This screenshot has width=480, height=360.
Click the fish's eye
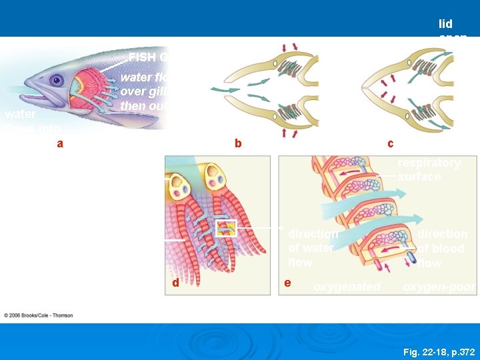tap(56, 81)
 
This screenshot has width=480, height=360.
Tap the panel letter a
tap(60, 143)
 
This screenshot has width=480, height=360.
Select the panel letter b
tap(237, 143)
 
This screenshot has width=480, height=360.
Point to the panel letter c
tap(390, 143)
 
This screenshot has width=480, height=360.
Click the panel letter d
tap(175, 283)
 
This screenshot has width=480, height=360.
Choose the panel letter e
tap(287, 283)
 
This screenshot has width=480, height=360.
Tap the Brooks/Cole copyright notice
tap(39, 315)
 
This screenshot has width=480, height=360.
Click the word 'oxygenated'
tap(347, 287)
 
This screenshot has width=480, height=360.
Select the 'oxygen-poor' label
tap(439, 287)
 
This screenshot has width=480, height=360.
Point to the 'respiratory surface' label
tap(429, 169)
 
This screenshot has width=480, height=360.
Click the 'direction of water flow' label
tap(312, 248)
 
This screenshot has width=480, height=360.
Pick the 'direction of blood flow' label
tap(442, 248)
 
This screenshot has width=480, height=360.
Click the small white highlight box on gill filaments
tap(226, 228)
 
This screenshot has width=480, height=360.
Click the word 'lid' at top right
tap(446, 24)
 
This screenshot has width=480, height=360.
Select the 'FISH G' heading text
tap(147, 57)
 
